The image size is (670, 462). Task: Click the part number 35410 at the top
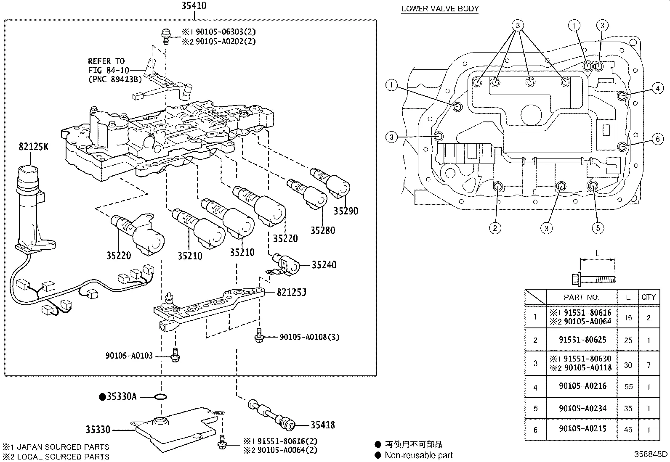(194, 6)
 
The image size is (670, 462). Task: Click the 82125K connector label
(33, 146)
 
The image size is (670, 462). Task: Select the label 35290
(346, 211)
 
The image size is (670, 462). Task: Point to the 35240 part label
(324, 265)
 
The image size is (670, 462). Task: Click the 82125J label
(291, 292)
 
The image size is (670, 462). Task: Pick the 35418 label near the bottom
(322, 425)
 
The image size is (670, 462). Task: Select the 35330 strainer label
(98, 430)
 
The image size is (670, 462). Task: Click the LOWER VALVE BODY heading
(440, 8)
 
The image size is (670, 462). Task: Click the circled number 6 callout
(657, 139)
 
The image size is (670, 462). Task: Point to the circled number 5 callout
(598, 228)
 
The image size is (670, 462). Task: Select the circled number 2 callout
(495, 228)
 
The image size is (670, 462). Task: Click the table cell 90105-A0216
(582, 386)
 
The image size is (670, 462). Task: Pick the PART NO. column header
(581, 297)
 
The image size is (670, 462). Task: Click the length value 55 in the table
(628, 387)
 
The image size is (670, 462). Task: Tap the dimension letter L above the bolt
(597, 253)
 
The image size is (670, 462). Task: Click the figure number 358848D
(651, 454)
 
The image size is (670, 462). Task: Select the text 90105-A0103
(129, 356)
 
